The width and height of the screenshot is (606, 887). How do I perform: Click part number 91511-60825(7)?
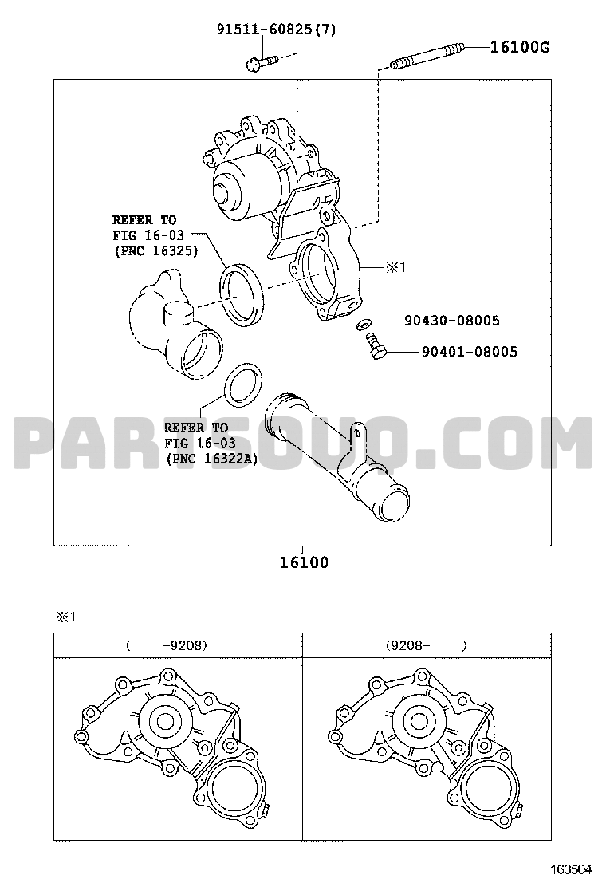[277, 29]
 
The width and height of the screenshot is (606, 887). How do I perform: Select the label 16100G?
[520, 47]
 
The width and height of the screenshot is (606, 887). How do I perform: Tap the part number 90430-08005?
[451, 321]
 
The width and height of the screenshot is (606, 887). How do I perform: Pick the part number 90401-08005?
[469, 352]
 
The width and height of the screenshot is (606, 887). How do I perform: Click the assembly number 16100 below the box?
[304, 563]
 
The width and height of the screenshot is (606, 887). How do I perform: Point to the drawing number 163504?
[572, 868]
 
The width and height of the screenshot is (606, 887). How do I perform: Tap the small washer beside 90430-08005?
[363, 324]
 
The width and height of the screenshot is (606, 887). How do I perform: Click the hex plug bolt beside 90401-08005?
[376, 345]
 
